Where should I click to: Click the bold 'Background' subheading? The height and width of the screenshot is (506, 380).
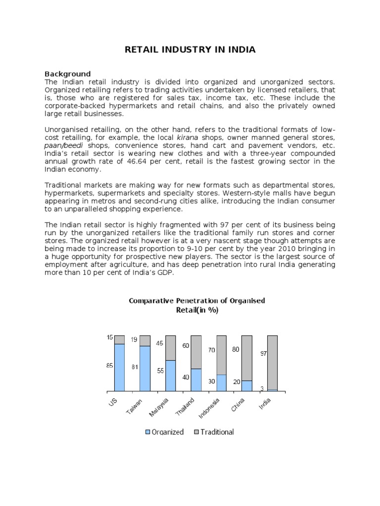[x=68, y=74]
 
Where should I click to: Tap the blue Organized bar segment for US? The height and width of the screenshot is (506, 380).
[x=119, y=367]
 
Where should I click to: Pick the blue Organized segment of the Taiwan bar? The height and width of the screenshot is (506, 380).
[x=145, y=368]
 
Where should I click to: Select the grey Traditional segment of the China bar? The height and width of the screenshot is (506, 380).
[x=246, y=358]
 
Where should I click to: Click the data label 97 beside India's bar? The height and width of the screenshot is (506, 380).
[x=263, y=354]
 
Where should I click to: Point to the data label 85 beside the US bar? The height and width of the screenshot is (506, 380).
[x=109, y=366]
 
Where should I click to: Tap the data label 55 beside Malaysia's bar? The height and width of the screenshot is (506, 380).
[x=160, y=371]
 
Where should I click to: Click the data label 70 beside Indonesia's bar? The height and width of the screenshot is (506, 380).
[x=211, y=350]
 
